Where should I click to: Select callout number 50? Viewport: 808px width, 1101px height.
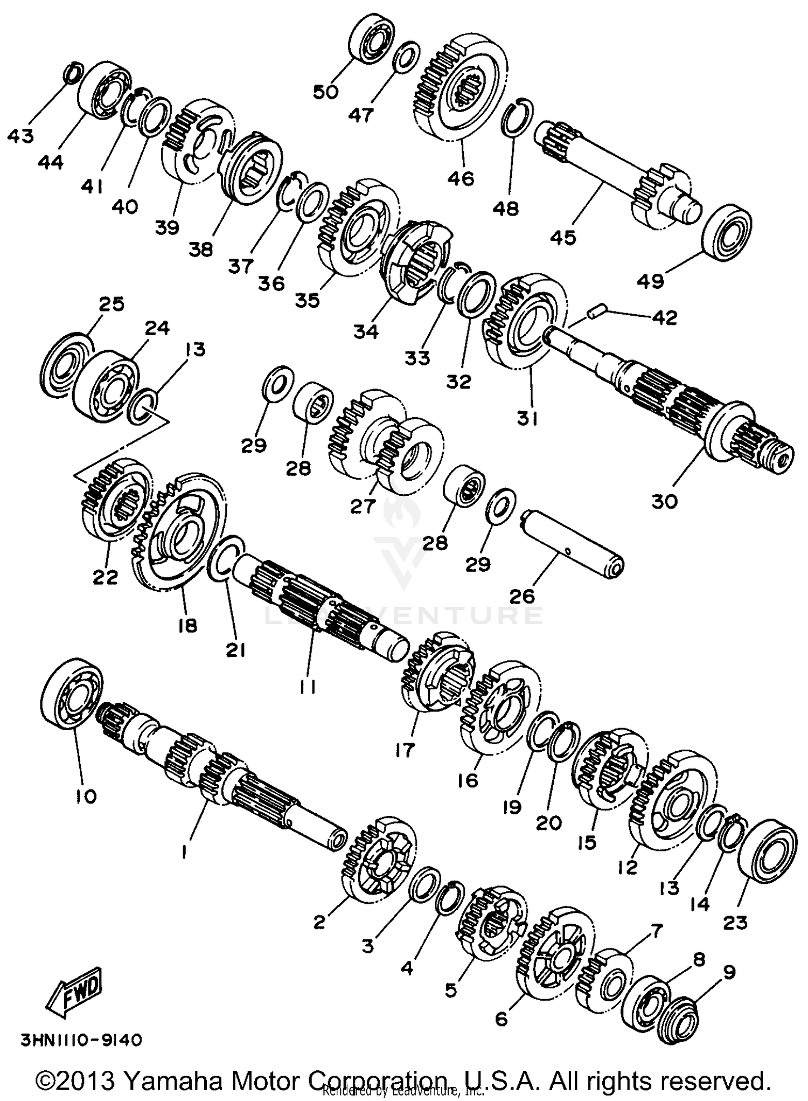(326, 92)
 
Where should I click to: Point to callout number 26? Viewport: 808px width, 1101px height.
(521, 595)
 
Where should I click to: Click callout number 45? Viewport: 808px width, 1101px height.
(563, 237)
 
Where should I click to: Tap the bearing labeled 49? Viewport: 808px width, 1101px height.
(727, 230)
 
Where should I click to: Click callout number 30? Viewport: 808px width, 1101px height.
(664, 501)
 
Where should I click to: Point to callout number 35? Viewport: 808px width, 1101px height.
(310, 299)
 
